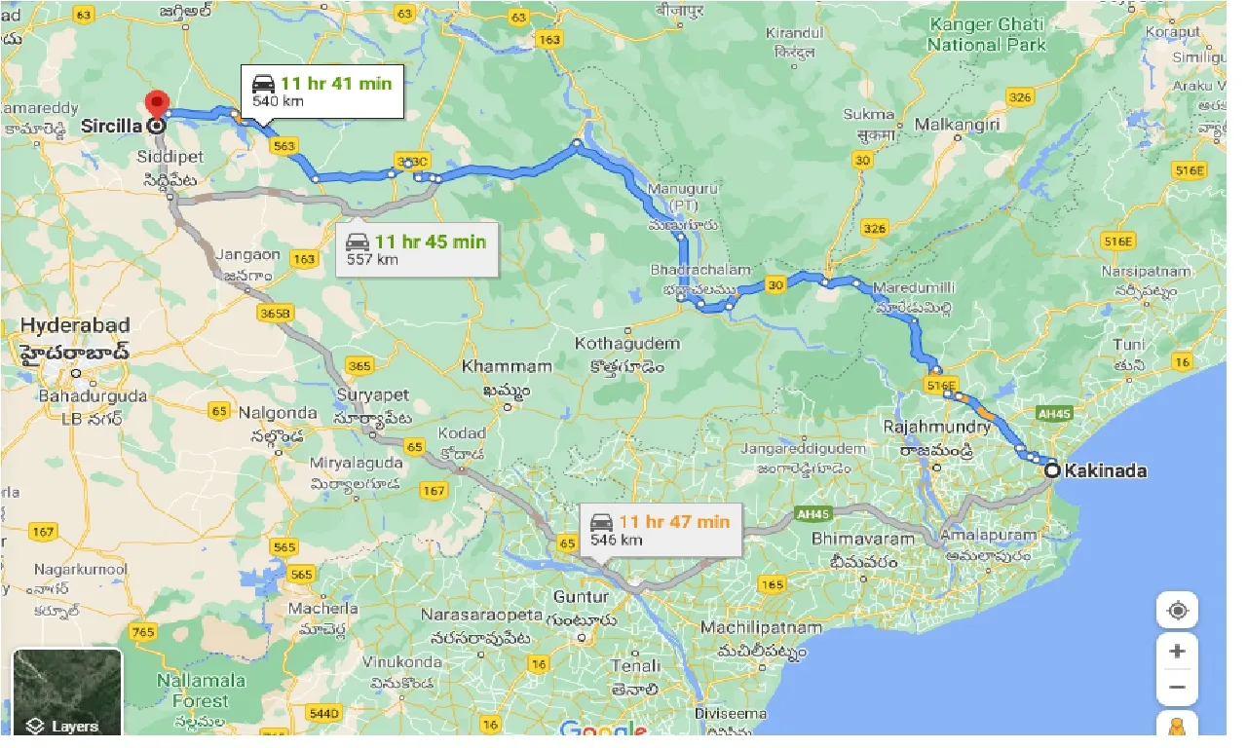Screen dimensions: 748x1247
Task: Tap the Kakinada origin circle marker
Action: (1052, 470)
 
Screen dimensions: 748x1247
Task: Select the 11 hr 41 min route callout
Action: (322, 91)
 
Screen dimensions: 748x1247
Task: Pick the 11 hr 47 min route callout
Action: (660, 529)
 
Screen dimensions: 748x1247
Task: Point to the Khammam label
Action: (507, 367)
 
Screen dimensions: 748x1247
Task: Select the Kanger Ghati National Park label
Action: (986, 34)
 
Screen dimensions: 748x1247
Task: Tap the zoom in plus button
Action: (1177, 651)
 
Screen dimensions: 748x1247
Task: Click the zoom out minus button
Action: (1177, 687)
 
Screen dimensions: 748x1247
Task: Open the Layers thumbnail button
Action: (66, 692)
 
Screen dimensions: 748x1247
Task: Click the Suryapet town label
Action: (374, 396)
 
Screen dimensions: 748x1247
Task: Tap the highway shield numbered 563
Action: (284, 146)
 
